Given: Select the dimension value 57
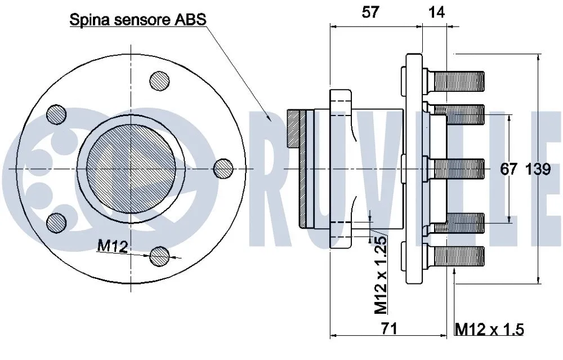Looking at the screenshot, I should (370, 12).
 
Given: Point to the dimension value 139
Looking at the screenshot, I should (538, 169).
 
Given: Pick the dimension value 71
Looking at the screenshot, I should (388, 328).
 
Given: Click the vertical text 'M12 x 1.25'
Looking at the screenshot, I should (381, 274).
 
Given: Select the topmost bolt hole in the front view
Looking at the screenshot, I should (159, 80).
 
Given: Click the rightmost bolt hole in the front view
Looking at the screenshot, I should (224, 167).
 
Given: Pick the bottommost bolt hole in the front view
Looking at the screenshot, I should (160, 256).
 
